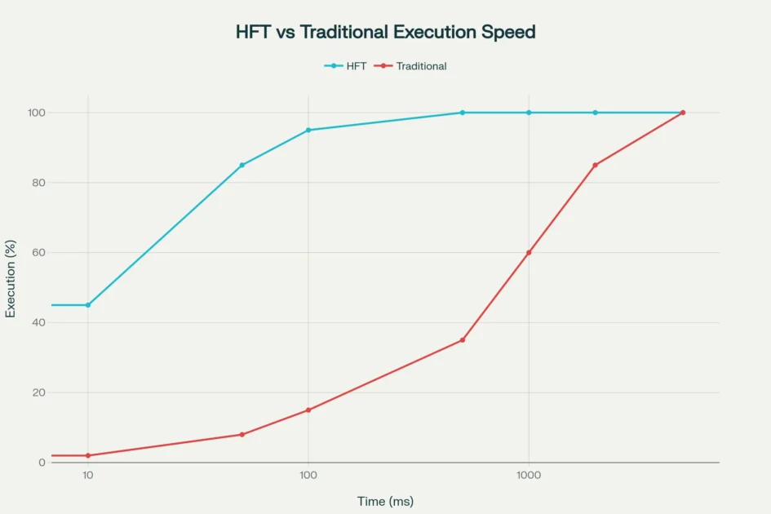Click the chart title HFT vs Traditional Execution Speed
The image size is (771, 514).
click(385, 33)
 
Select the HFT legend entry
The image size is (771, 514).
click(346, 66)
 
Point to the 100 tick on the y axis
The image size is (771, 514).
click(36, 113)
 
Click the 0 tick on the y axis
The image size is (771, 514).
click(42, 463)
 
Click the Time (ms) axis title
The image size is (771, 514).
click(385, 501)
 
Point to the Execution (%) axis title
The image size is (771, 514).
click(11, 278)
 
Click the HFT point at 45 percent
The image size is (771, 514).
click(88, 305)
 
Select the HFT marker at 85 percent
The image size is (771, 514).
click(241, 165)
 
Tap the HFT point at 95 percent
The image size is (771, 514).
click(308, 130)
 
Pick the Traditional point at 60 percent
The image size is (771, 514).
click(529, 253)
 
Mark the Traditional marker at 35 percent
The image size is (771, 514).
click(463, 340)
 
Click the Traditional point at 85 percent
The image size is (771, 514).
click(595, 165)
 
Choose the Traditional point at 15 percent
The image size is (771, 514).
click(308, 410)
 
